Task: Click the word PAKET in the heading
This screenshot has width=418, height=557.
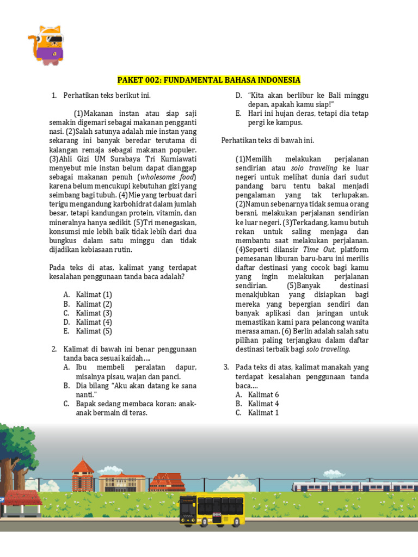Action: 131,80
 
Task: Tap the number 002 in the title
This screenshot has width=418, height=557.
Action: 155,80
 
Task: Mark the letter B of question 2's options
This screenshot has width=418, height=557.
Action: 66,386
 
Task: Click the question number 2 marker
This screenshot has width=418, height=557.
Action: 54,349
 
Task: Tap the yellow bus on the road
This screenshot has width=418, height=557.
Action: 212,510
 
